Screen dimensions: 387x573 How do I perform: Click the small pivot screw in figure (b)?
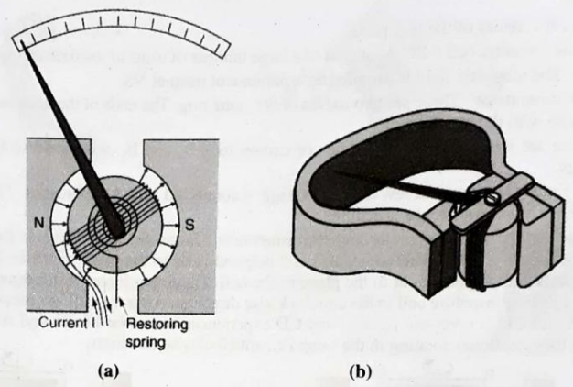point(492,196)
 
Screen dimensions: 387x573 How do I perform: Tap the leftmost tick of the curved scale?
point(13,40)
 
